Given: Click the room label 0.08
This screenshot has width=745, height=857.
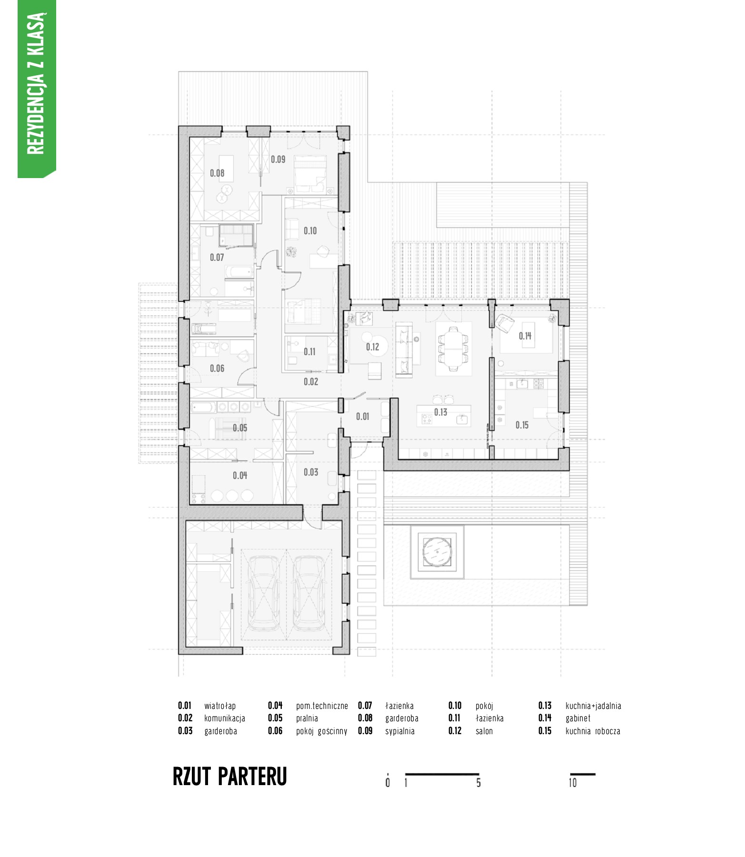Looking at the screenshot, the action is (217, 173).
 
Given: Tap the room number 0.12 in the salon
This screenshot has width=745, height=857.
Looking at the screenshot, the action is (373, 347).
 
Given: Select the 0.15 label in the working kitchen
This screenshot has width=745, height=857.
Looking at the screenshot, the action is (522, 425).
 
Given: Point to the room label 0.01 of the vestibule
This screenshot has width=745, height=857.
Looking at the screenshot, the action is (363, 417).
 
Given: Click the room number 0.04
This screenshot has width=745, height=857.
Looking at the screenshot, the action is (240, 476).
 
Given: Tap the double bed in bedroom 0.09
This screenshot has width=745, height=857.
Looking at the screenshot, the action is (310, 174).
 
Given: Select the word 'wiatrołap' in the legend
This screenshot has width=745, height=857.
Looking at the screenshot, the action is (220, 706).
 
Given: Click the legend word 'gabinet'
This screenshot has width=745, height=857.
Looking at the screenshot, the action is (578, 718).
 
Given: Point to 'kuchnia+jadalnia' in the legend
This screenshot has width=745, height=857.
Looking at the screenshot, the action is (593, 706).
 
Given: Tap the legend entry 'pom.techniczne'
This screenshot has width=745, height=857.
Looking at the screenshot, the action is (322, 706).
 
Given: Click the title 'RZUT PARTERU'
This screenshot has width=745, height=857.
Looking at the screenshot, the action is (230, 777).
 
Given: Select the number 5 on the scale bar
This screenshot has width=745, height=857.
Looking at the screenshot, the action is (478, 783).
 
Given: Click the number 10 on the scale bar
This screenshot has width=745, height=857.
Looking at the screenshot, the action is (573, 783).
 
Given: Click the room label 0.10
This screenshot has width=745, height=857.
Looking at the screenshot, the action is (310, 231).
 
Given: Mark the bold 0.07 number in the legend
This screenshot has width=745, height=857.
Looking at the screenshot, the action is (365, 706).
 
